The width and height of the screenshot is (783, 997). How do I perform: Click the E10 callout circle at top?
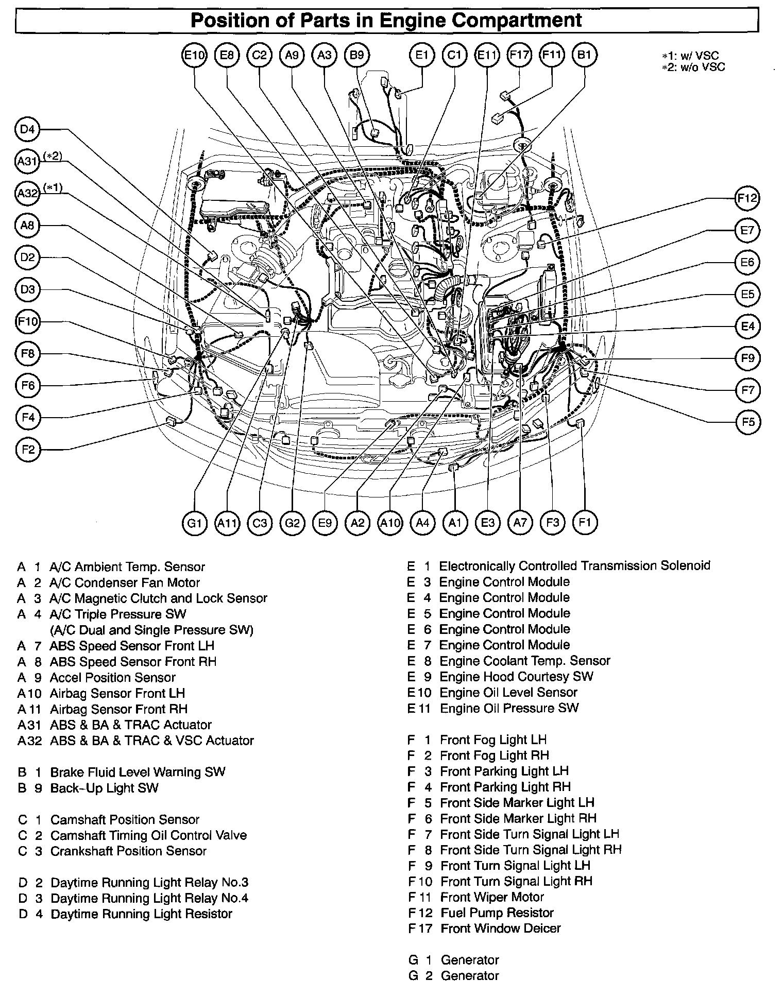coord(195,55)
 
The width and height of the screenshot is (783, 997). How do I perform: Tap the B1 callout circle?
coord(584,55)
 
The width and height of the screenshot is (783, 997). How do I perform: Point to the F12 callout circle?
coord(747,198)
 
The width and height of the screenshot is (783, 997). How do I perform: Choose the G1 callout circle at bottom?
coord(194,523)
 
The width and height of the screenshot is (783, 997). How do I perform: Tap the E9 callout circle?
coord(325,523)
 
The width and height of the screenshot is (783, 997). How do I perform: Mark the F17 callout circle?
coord(519,55)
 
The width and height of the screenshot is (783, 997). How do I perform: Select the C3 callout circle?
coord(260,523)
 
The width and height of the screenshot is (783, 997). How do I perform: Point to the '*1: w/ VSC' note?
coord(690,56)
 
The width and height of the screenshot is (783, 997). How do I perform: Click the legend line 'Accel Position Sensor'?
coord(112,677)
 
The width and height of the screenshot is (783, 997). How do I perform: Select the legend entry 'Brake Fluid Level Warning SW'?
coord(138,772)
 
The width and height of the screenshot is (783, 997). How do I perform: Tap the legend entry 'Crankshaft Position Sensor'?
coord(128,851)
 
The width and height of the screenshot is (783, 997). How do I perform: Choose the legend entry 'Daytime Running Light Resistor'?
coord(141,914)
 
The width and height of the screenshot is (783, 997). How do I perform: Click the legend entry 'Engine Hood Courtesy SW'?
coord(516,676)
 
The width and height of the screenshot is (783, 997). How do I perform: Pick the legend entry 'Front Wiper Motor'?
coord(492,897)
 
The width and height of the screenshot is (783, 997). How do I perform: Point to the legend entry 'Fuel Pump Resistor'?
coord(497,913)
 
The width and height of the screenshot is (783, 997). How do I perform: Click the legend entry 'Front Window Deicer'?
coord(501,928)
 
